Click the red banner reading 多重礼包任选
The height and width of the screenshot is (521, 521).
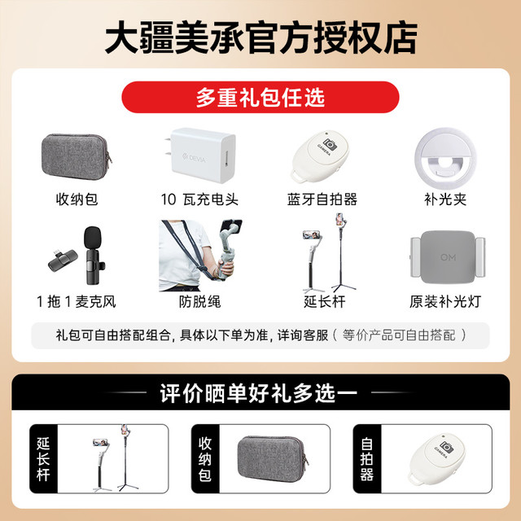pos(260,97)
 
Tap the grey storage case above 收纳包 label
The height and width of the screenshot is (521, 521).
pos(77,157)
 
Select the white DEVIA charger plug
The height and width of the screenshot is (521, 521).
pos(201,155)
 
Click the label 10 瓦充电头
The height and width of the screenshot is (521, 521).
pos(199,199)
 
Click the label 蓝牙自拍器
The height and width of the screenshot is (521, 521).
pos(322,199)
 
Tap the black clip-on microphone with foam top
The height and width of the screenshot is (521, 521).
pos(93,255)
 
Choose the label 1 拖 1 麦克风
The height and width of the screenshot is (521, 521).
pos(77,302)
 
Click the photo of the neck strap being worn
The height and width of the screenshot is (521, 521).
pos(200,255)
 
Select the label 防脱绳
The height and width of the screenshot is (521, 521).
pos(199,302)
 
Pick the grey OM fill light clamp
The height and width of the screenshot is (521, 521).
pos(448,257)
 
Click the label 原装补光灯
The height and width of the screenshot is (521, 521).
pos(445,302)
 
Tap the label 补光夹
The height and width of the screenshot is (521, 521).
pos(445,199)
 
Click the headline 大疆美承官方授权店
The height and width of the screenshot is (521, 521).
pos(260,37)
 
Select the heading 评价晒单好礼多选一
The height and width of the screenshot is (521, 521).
pos(259,393)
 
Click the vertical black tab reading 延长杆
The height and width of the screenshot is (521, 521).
pos(43,459)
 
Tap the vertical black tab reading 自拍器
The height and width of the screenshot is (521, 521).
pos(367,459)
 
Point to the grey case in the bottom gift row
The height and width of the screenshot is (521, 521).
pos(273,459)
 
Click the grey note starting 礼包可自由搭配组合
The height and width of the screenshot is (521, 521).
pos(260,335)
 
